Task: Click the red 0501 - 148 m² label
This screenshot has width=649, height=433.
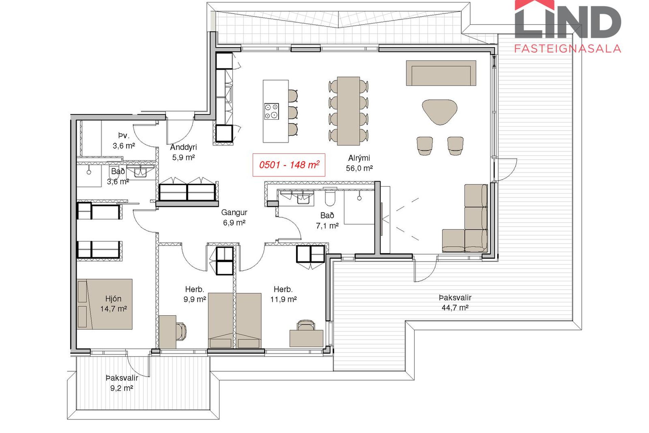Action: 289,165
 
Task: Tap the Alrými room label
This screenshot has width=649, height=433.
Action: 359,158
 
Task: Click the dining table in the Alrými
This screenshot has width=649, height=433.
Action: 348,111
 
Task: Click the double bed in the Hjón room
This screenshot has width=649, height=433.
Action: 104,304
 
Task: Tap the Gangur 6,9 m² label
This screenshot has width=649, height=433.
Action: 234,218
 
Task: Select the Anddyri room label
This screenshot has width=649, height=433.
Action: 184,147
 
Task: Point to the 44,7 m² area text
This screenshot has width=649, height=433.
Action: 455,307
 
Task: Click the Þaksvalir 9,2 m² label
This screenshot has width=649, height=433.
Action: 122,383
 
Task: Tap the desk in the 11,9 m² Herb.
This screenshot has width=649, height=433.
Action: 306,338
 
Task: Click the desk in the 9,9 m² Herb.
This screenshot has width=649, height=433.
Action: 167,332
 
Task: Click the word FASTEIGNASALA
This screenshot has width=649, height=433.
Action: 568,49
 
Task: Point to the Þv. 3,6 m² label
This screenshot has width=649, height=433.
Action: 124,141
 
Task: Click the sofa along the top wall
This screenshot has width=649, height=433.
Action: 441,73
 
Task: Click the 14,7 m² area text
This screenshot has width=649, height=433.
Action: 114,309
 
